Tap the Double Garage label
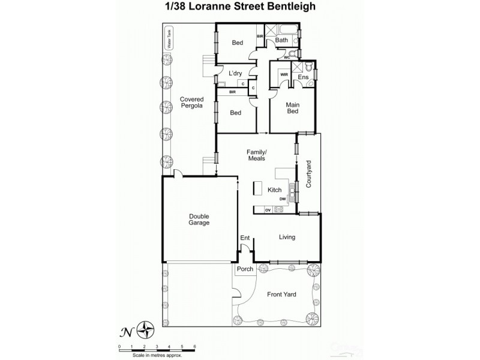(199, 220)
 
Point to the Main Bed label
(292, 108)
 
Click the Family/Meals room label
(256, 155)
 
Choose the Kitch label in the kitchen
(275, 190)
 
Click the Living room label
(287, 237)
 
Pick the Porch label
(245, 269)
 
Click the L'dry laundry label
(233, 73)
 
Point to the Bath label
(281, 40)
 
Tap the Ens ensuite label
(303, 77)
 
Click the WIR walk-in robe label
(284, 74)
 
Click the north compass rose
(146, 329)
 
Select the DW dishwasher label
(282, 199)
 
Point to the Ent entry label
(245, 238)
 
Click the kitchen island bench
(259, 188)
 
